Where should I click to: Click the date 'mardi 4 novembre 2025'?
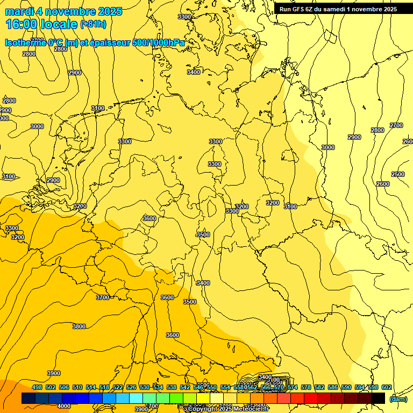point(63,11)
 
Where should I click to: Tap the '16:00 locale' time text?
point(41,24)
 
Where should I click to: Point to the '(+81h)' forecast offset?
point(93,24)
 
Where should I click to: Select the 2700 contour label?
point(396,125)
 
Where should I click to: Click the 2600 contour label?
point(382,184)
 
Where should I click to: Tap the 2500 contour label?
point(398,174)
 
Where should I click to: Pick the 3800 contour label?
point(79,326)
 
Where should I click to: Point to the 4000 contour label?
point(63,406)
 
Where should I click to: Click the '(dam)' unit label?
point(398,398)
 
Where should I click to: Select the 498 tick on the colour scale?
point(37,388)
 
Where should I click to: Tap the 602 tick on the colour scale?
point(386,388)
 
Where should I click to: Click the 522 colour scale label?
point(118,388)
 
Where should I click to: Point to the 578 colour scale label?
point(305,388)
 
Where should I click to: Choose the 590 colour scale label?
point(346,388)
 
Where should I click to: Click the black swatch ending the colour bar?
point(378,398)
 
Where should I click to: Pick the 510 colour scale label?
point(77,388)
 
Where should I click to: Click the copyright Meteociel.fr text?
point(226,409)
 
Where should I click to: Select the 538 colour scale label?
point(172,388)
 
